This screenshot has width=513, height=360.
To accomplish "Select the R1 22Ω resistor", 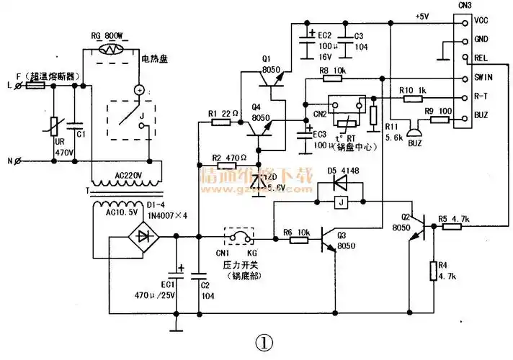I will [x=221, y=123].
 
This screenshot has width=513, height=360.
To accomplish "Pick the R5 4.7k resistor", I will [x=452, y=225].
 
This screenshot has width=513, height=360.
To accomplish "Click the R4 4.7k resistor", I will [x=432, y=270].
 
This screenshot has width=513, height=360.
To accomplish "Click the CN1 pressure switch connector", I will [x=240, y=237].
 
